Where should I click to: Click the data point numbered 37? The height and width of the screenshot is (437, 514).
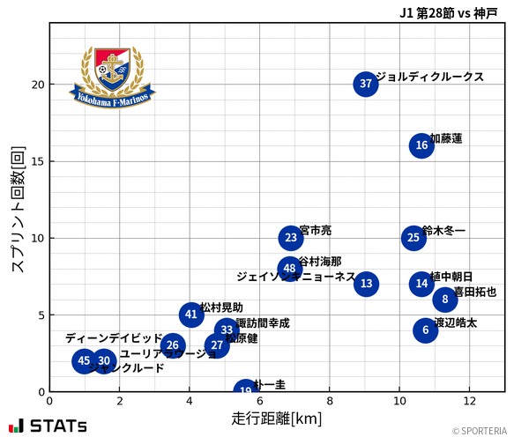click(x=366, y=85)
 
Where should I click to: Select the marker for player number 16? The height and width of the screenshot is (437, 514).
click(x=421, y=146)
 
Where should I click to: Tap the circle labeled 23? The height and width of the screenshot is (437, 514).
click(x=291, y=238)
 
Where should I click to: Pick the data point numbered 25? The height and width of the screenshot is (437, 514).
click(x=413, y=238)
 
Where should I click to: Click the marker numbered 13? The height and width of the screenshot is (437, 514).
click(x=367, y=284)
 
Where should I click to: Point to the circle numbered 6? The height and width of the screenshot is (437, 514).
click(x=426, y=330)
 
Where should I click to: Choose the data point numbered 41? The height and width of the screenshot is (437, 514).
click(x=191, y=315)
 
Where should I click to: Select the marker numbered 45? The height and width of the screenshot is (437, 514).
click(x=84, y=360)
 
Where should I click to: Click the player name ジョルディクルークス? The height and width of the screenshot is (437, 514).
click(x=429, y=77)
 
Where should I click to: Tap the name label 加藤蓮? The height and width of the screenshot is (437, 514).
click(x=446, y=138)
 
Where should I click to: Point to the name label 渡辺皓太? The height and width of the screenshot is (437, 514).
click(x=456, y=323)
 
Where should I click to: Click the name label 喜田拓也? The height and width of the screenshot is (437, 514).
click(x=474, y=292)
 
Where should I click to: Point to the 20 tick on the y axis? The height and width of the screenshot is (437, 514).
click(x=34, y=85)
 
